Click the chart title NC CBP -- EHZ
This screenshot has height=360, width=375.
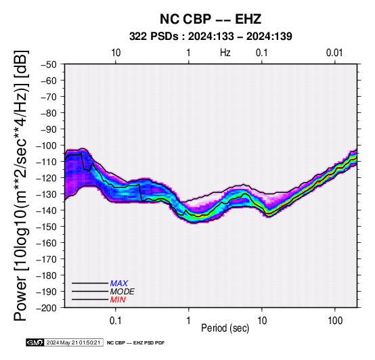click(x=211, y=19)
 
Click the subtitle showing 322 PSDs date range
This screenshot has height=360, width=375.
click(x=211, y=37)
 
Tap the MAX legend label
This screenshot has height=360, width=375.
click(x=119, y=284)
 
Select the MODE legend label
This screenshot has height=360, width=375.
click(x=123, y=292)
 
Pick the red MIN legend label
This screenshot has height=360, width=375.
click(x=118, y=300)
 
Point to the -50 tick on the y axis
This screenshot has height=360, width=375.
click(x=49, y=64)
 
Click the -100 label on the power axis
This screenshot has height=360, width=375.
click(x=47, y=145)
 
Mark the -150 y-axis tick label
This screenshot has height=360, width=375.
click(x=47, y=227)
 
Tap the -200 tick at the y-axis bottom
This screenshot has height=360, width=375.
click(x=47, y=308)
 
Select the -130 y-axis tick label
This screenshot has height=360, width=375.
click(x=47, y=194)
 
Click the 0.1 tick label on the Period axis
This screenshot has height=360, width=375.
click(x=116, y=321)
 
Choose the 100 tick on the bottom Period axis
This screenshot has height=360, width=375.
click(x=335, y=321)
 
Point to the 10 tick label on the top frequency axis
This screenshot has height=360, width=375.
click(x=116, y=53)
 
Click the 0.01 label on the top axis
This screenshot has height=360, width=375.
click(x=334, y=53)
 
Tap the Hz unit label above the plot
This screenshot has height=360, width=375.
click(x=225, y=53)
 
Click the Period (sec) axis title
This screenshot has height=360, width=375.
click(x=225, y=328)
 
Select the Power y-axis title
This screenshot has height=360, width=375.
click(x=20, y=185)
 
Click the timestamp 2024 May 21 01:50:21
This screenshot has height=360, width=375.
click(x=73, y=342)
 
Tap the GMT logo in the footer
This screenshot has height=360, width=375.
click(x=35, y=342)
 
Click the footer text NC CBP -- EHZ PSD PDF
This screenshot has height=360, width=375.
click(x=135, y=343)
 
